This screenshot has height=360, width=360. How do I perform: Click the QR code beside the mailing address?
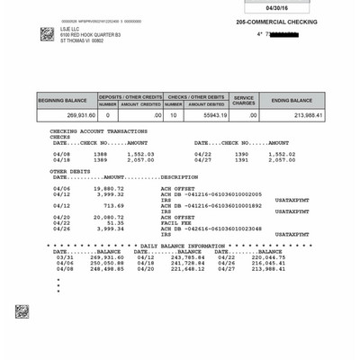click(48, 34)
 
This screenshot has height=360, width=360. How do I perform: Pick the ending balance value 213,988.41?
click(304, 115)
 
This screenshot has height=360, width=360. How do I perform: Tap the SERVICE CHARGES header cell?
click(244, 100)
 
